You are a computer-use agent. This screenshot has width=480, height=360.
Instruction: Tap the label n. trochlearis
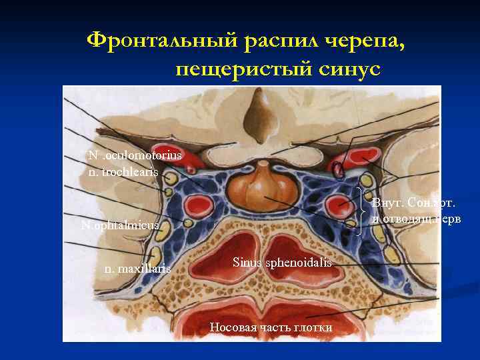coord(123,172)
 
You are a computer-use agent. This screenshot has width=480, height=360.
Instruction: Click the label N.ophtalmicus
coord(120,225)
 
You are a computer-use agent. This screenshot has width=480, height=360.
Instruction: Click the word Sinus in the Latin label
coord(247,263)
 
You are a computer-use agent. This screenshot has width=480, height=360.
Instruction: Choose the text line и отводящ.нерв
coord(417,219)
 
